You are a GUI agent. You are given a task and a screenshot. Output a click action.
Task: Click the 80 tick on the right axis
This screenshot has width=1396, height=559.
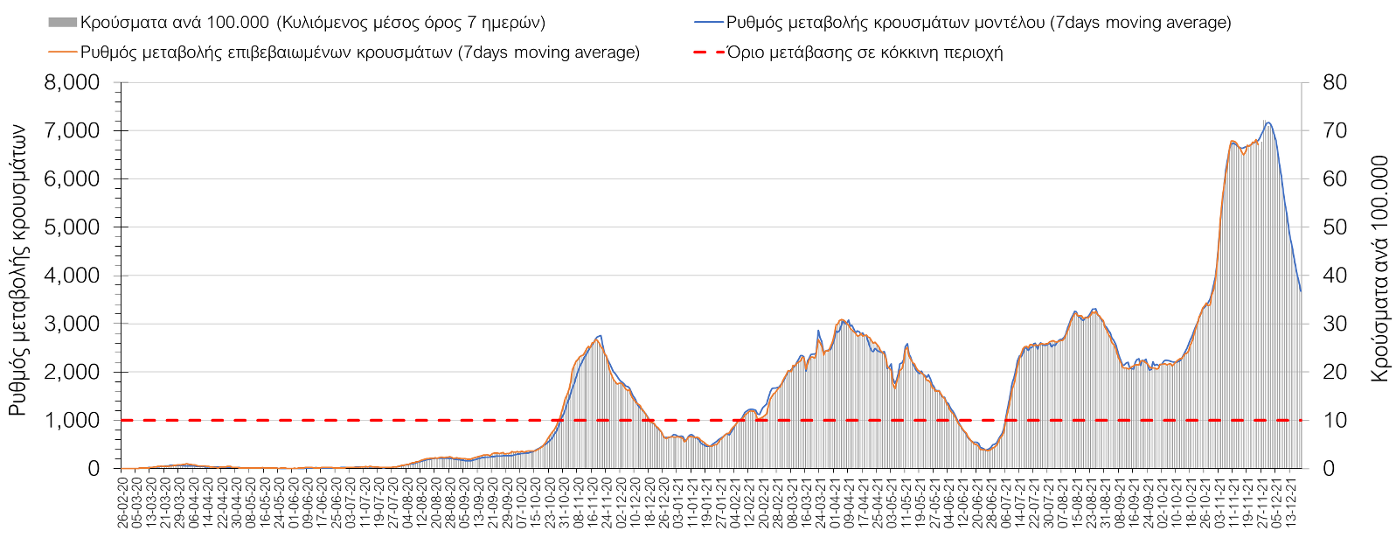coord(1335,83)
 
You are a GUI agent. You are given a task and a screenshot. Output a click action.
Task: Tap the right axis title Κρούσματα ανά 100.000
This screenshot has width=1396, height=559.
coord(1380,269)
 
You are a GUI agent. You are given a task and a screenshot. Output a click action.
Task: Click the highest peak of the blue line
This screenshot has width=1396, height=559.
coord(1268,122)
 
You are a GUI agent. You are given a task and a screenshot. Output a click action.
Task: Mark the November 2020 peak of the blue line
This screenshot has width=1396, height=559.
coord(600,335)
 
